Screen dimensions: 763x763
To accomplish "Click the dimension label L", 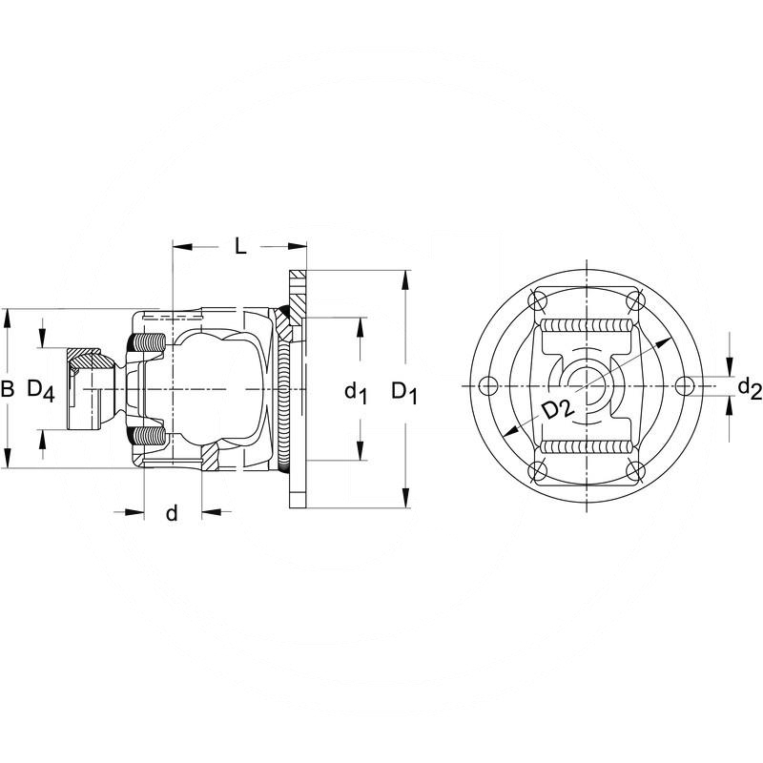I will click(x=240, y=246).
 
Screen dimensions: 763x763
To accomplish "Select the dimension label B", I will click(x=8, y=388).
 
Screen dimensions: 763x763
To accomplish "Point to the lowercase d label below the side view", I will click(x=172, y=513).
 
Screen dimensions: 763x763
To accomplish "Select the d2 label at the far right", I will click(x=749, y=387).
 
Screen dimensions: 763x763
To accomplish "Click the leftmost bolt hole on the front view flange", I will click(x=489, y=385).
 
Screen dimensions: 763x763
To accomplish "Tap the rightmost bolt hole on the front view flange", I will click(x=682, y=385).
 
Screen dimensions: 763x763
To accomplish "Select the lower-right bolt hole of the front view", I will click(x=633, y=469).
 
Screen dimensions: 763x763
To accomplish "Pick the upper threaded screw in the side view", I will click(x=147, y=341).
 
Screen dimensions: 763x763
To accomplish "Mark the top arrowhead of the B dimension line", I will click(x=8, y=316).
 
